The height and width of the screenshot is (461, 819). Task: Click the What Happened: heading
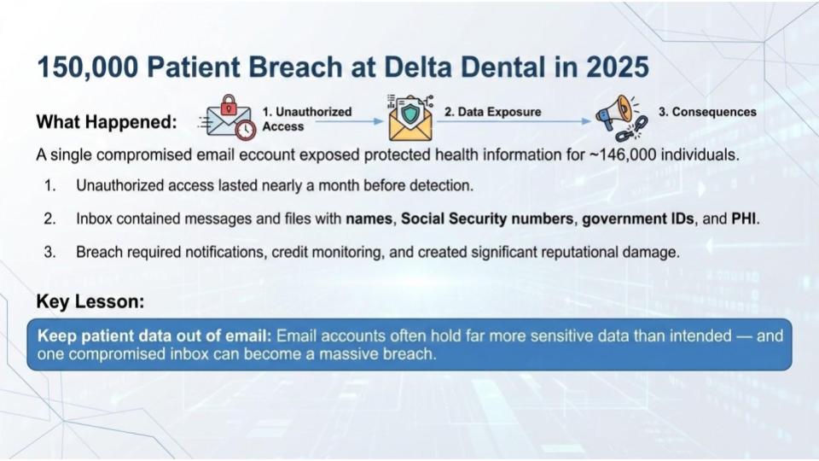(107, 122)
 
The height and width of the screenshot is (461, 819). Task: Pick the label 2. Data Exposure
(493, 112)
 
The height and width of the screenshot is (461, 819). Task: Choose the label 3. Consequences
(708, 112)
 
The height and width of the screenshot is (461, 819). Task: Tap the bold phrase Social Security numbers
(488, 219)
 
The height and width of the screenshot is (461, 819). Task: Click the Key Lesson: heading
(90, 301)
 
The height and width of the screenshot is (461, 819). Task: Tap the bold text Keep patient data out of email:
(154, 336)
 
